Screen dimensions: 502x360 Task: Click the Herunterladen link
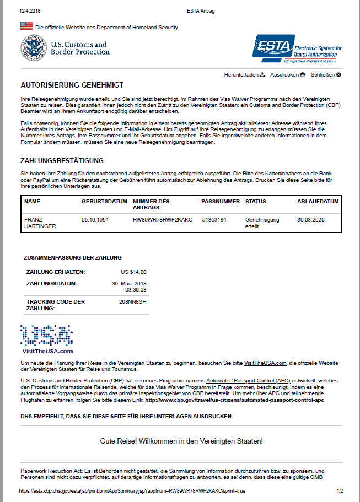click(x=241, y=74)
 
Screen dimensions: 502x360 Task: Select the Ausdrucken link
click(x=284, y=74)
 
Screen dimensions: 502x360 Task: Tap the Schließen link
click(x=323, y=74)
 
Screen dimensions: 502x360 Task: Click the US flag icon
click(x=26, y=26)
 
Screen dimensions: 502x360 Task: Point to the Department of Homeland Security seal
click(x=34, y=48)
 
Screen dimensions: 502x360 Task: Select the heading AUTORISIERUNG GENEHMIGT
click(x=72, y=85)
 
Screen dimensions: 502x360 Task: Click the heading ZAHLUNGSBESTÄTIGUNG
click(x=62, y=161)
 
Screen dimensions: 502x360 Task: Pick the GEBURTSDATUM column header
click(x=104, y=202)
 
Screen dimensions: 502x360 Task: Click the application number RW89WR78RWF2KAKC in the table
click(x=163, y=219)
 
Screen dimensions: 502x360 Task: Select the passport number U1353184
click(x=214, y=219)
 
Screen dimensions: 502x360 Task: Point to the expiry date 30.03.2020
click(x=311, y=219)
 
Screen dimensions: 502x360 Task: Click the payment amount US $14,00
click(x=133, y=272)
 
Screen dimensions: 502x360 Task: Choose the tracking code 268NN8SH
click(x=133, y=302)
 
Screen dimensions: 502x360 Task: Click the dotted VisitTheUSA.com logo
click(x=47, y=338)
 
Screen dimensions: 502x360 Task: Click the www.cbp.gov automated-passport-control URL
click(x=234, y=400)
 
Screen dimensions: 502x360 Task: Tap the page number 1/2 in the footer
click(x=340, y=490)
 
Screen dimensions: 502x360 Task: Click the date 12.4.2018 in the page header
click(x=30, y=10)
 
